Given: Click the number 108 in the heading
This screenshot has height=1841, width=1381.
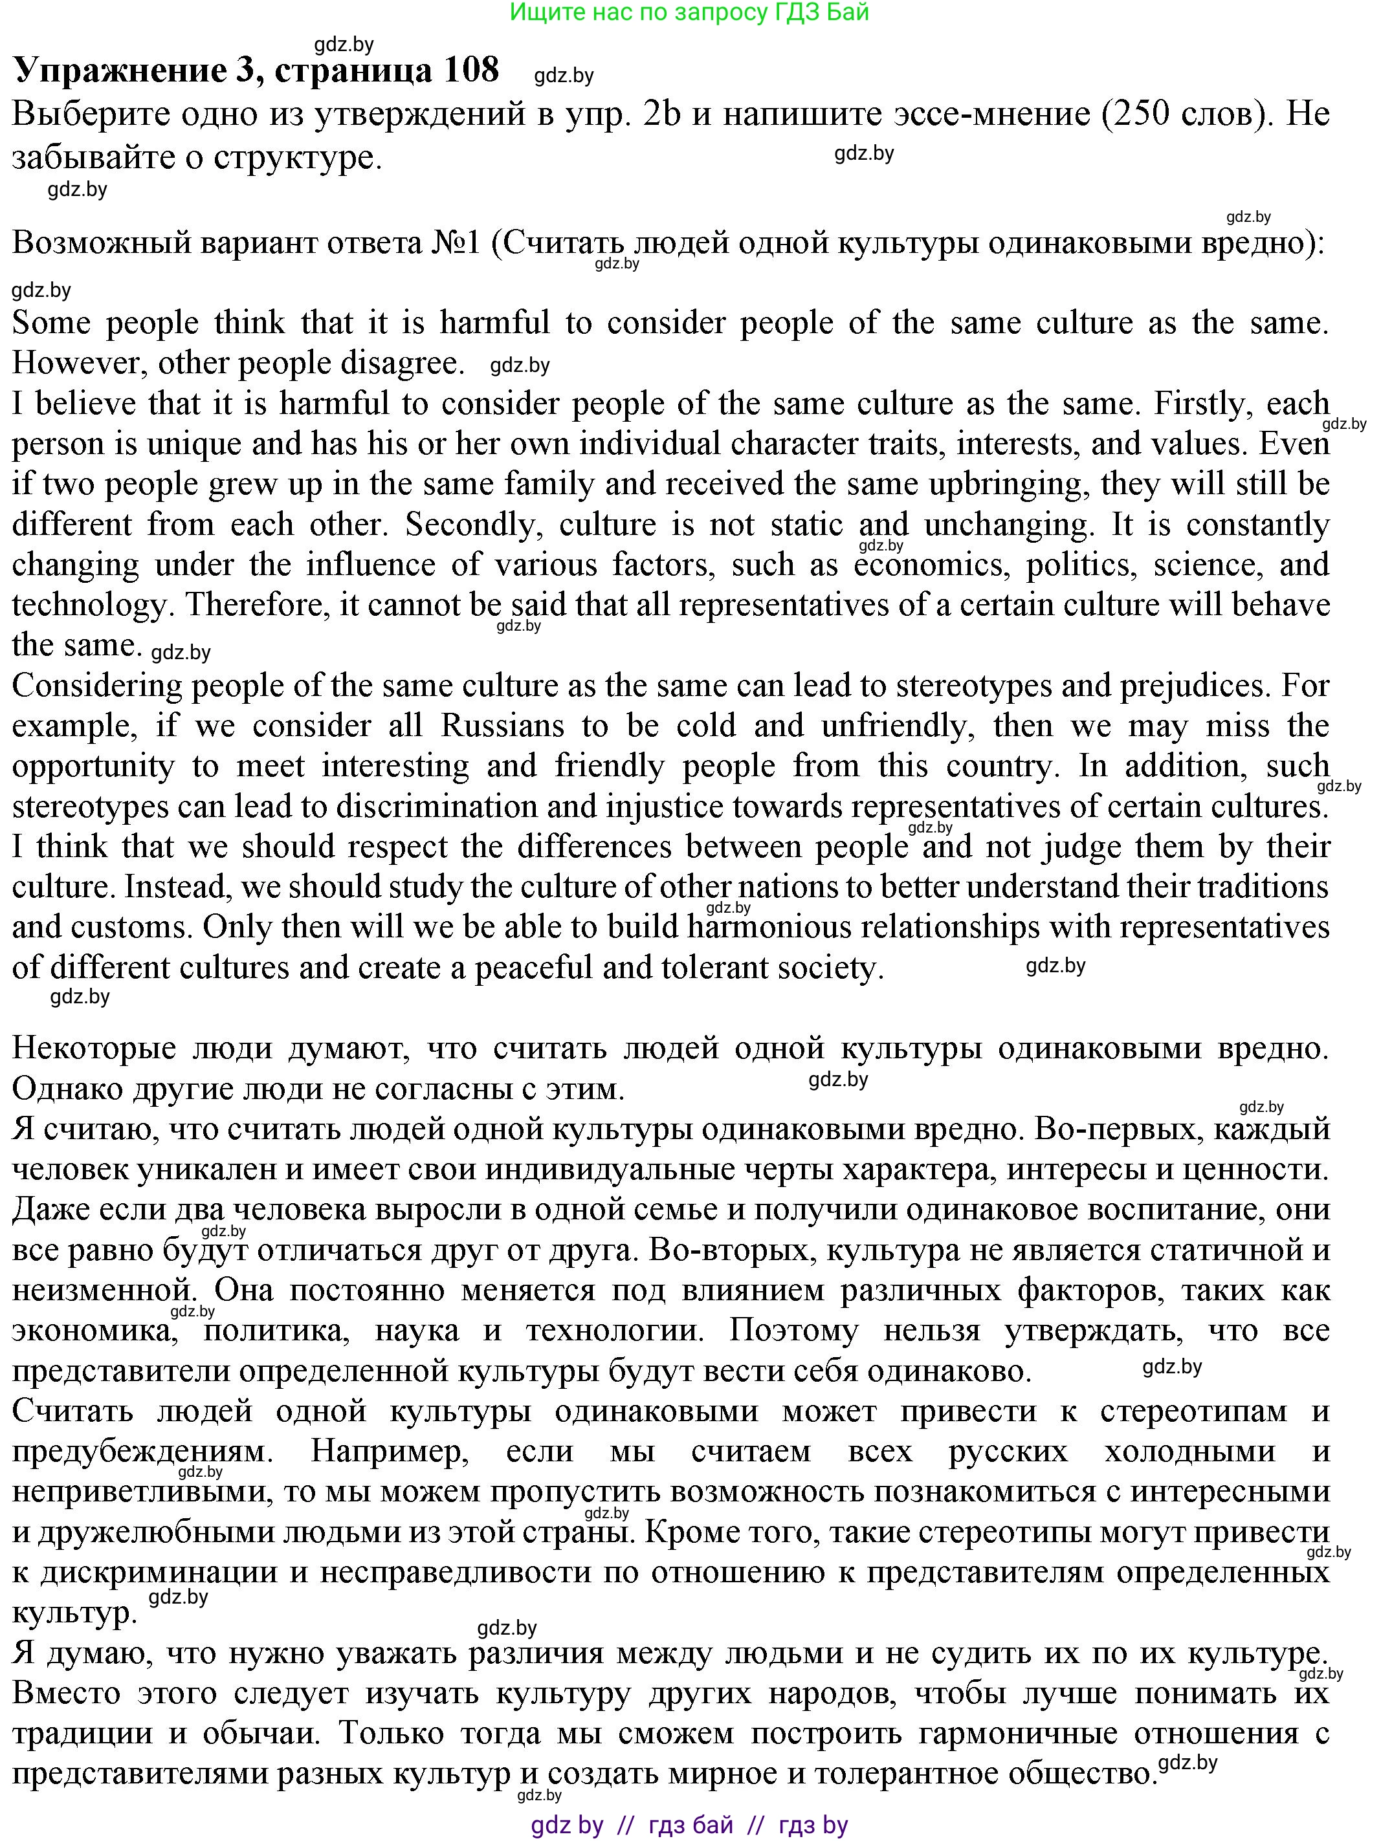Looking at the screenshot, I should pos(470,70).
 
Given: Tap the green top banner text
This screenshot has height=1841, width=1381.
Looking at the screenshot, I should pos(689,12).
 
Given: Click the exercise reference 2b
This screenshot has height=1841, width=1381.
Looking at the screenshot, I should pos(663,114).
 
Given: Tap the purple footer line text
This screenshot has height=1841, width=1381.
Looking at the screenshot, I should pos(689,1825).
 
